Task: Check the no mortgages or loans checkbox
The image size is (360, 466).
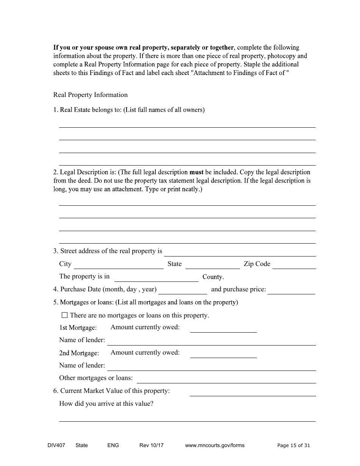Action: click(x=64, y=315)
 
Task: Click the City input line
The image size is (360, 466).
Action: click(x=119, y=265)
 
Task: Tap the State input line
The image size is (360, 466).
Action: click(x=212, y=265)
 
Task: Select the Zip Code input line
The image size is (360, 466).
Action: click(x=294, y=265)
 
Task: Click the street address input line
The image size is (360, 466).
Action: click(x=240, y=252)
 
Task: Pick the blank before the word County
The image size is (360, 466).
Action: click(x=156, y=278)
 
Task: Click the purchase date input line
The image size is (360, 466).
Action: click(x=183, y=290)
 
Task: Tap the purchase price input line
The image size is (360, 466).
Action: click(x=291, y=290)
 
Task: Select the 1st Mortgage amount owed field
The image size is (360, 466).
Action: click(x=223, y=328)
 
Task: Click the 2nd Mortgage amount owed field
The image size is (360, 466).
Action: click(x=223, y=354)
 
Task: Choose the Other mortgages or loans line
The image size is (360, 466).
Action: click(x=226, y=379)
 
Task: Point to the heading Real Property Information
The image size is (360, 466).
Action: click(x=91, y=95)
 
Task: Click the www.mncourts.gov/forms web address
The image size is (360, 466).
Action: click(x=214, y=445)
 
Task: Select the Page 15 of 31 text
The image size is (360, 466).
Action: click(x=293, y=445)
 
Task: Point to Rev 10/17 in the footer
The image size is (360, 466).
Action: click(x=151, y=445)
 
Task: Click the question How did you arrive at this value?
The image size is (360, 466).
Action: click(x=106, y=403)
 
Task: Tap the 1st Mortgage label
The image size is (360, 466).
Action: click(x=78, y=328)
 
